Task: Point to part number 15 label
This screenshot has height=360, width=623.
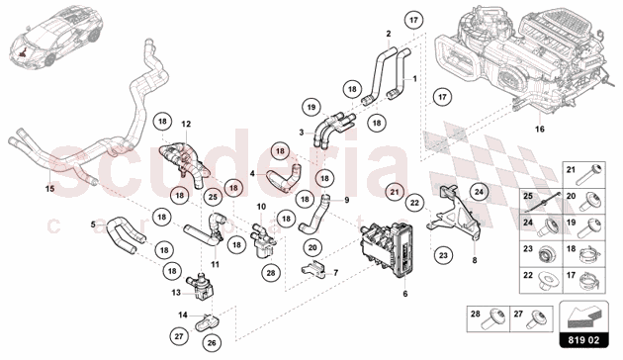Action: click(49, 186)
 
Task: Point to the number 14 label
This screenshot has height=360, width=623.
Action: click(181, 315)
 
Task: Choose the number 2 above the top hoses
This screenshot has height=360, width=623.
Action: click(389, 34)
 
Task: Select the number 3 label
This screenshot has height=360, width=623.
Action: click(301, 132)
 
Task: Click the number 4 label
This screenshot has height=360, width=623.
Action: click(252, 173)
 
